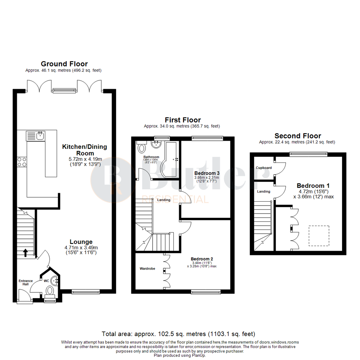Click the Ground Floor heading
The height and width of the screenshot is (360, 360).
point(64,64)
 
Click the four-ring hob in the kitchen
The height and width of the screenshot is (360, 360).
point(22,162)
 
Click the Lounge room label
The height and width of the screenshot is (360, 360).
point(81,242)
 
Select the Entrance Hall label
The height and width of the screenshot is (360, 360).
point(26,282)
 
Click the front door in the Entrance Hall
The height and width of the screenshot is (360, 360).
point(24,297)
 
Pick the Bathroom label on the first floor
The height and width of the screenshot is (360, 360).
point(151,157)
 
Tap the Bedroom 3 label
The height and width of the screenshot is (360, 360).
point(207,173)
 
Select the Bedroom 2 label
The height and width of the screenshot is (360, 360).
point(202,259)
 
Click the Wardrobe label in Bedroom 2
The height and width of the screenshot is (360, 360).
point(147,268)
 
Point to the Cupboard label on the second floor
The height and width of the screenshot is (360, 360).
point(264,168)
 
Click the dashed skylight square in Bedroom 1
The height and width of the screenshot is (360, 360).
point(319,236)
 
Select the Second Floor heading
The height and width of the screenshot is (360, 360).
point(298,136)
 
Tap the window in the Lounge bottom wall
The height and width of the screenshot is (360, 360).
point(85,292)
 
